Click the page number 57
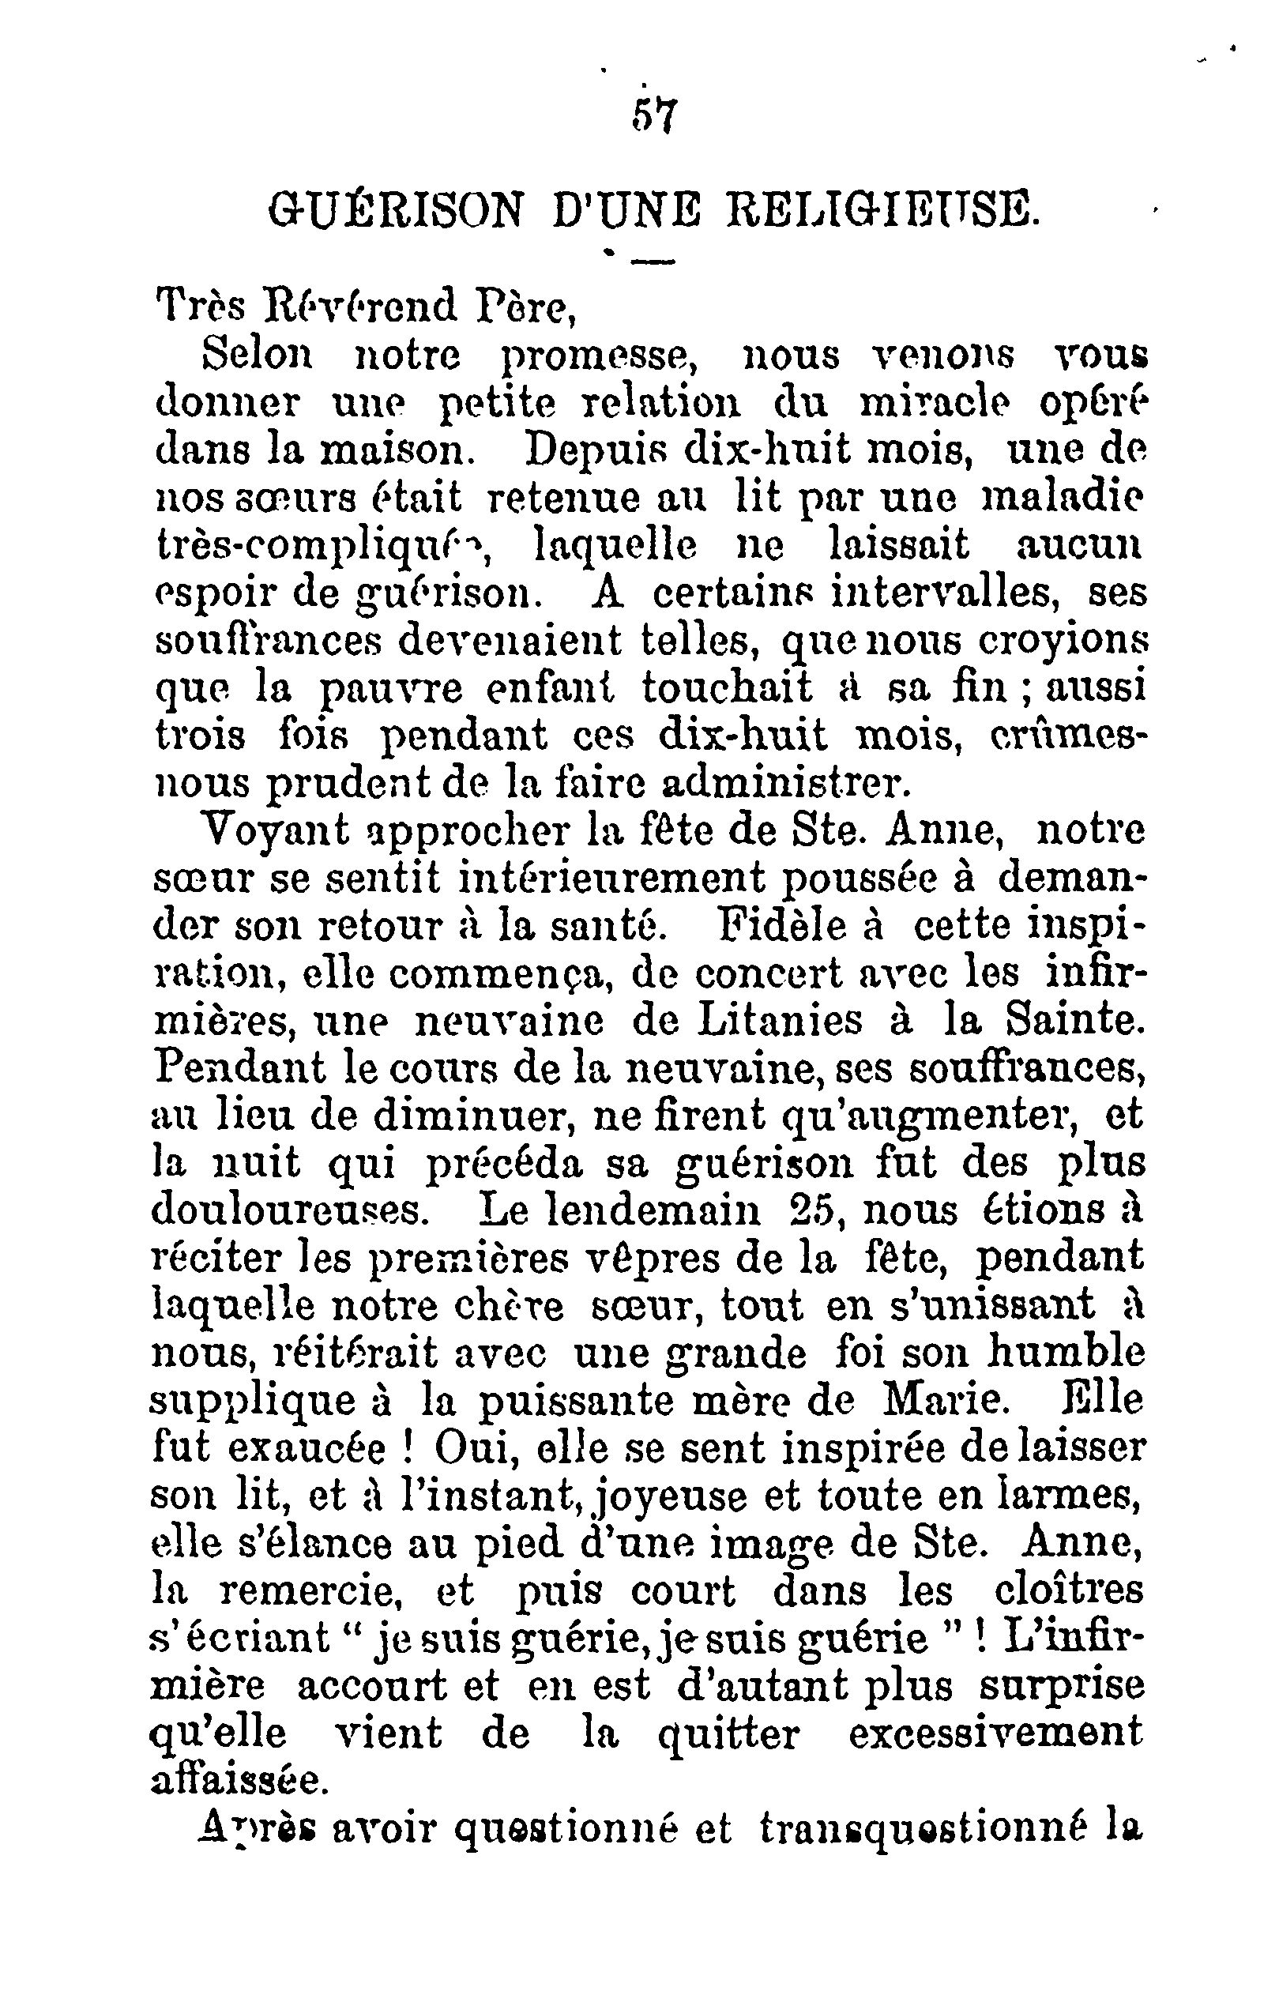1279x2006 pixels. (x=656, y=114)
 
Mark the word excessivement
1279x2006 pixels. (x=995, y=1734)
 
